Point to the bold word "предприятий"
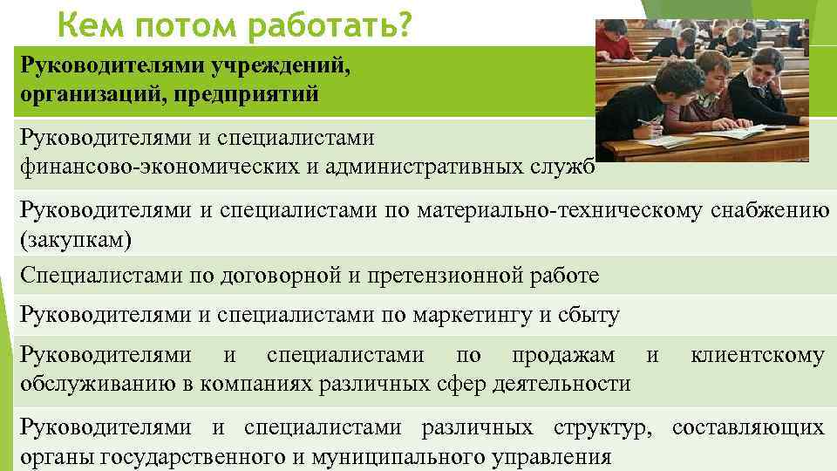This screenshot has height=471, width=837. click(249, 93)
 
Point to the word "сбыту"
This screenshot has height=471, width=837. click(589, 315)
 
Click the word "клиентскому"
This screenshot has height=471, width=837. click(756, 356)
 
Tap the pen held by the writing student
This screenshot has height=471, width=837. click(646, 121)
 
